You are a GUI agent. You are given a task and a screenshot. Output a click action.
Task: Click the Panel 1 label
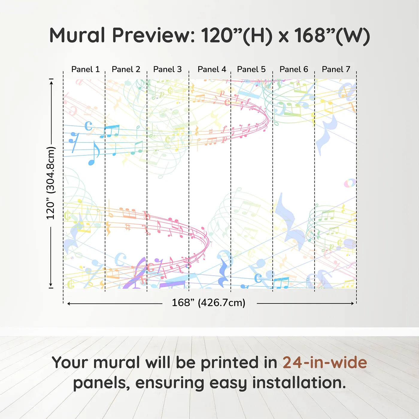(x=85, y=69)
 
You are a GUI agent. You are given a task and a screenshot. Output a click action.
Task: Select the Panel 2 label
(x=126, y=69)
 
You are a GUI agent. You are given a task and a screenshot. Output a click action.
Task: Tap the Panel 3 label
(x=167, y=69)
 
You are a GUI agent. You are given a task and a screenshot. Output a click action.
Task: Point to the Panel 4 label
(x=212, y=69)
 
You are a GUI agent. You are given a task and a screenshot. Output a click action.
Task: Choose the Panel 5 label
(x=251, y=69)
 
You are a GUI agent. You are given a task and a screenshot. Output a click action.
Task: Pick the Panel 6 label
(x=294, y=69)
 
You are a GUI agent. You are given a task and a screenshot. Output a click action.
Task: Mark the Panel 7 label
(x=336, y=69)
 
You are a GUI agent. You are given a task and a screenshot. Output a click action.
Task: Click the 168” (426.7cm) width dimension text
(x=209, y=303)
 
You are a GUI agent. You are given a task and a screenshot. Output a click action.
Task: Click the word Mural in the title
(x=77, y=35)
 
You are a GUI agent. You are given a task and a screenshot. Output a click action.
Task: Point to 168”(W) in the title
(x=332, y=36)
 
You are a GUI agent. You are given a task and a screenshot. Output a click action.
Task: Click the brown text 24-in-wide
(x=325, y=362)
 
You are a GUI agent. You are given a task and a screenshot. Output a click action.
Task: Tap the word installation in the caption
(x=299, y=383)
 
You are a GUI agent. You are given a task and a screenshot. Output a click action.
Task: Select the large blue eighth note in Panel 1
(x=94, y=153)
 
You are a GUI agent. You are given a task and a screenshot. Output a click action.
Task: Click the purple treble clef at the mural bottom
(x=136, y=274)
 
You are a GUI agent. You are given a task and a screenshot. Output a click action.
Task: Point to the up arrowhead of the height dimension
(x=51, y=83)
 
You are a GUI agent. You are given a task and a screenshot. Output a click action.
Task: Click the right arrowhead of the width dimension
(x=352, y=303)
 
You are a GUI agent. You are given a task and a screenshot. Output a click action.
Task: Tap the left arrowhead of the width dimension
(x=69, y=304)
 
